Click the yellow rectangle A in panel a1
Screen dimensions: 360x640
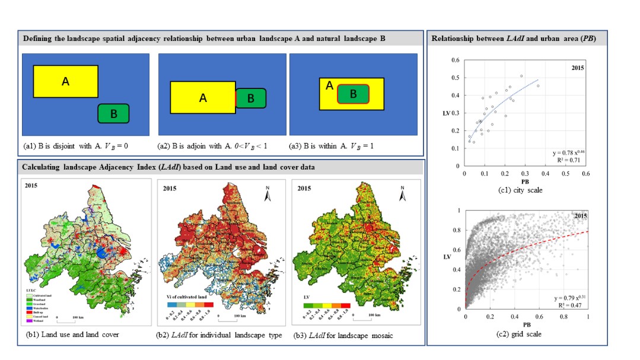[x=65, y=81]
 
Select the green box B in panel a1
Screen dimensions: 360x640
[x=113, y=112]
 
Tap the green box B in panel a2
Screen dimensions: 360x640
[x=251, y=98]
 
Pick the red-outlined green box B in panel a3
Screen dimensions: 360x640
[x=354, y=93]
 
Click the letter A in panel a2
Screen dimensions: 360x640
[x=203, y=98]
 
